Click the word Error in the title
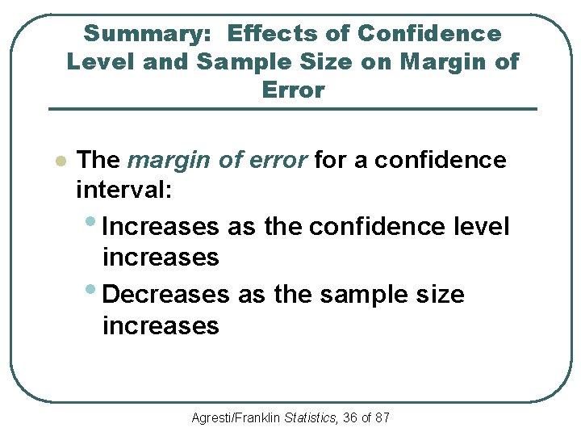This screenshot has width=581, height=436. pyautogui.click(x=293, y=90)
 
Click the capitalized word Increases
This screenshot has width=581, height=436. pyautogui.click(x=161, y=227)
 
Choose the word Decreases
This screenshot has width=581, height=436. pyautogui.click(x=166, y=295)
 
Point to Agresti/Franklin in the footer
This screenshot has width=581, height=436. pyautogui.click(x=233, y=418)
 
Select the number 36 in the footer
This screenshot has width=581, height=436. pyautogui.click(x=349, y=418)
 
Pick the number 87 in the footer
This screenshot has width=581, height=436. pyautogui.click(x=382, y=418)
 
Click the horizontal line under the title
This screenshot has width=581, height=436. pyautogui.click(x=292, y=109)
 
